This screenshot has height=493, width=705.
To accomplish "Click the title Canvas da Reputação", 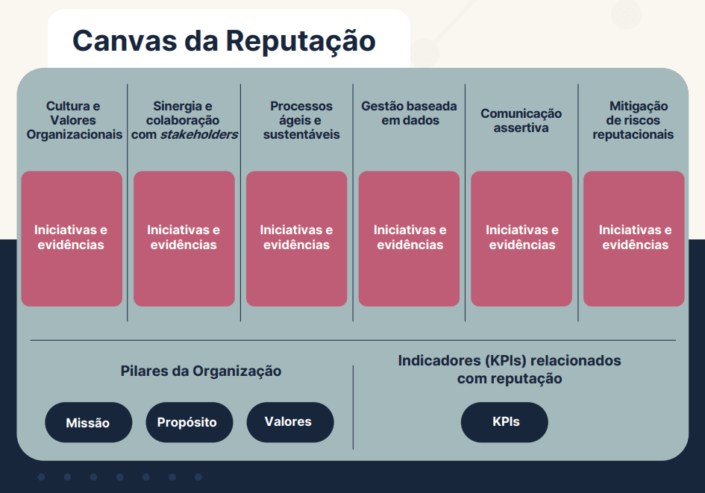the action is click(x=224, y=41).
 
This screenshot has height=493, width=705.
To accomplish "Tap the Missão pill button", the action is click(x=89, y=422).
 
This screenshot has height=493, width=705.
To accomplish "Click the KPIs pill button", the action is click(x=504, y=422).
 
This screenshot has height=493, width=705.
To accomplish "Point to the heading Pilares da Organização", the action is click(x=201, y=371).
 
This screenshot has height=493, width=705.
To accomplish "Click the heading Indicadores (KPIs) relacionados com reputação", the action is click(x=510, y=369).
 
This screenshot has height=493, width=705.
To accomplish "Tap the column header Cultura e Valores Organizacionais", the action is click(x=74, y=120).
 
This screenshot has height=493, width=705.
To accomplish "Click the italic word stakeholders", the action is click(x=199, y=134).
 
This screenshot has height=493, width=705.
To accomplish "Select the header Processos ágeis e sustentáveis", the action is click(x=301, y=120).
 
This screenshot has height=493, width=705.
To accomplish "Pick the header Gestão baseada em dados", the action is click(x=409, y=113).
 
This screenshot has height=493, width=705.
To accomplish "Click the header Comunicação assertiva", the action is click(x=521, y=120).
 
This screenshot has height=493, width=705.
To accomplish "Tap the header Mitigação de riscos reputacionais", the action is click(x=633, y=120).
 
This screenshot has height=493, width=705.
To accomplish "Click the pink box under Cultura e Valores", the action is click(x=72, y=239).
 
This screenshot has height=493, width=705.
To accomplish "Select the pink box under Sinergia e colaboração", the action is click(x=184, y=239).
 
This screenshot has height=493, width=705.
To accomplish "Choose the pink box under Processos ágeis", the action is click(x=297, y=239).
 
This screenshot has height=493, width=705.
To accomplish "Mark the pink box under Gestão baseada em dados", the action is click(x=409, y=239).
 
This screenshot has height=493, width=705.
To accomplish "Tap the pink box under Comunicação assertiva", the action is click(x=521, y=239).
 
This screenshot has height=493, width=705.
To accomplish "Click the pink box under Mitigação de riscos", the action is click(x=634, y=239).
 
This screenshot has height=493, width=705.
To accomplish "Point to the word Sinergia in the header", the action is click(x=177, y=107).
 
